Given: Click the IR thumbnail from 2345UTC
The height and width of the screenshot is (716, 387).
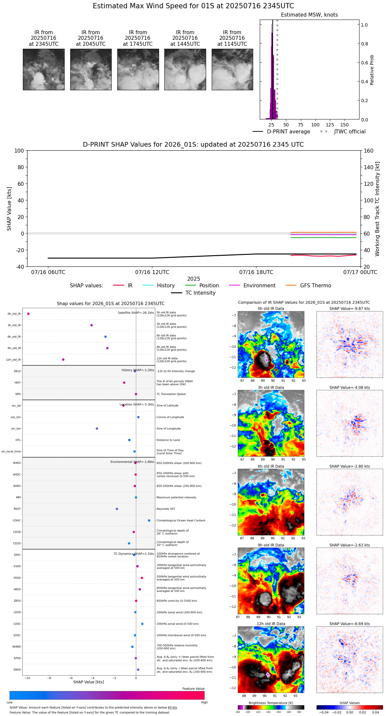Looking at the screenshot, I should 44,69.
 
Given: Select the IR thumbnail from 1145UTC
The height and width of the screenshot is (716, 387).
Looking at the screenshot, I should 232,69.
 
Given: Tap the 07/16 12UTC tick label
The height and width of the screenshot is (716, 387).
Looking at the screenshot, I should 152,272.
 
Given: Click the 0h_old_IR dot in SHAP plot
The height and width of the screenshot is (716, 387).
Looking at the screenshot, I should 28,314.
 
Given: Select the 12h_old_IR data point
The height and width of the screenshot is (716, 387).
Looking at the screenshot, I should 63,360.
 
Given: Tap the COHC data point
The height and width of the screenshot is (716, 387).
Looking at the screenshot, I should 149,521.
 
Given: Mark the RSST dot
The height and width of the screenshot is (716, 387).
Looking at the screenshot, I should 117,509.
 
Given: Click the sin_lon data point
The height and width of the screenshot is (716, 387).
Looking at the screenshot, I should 97,429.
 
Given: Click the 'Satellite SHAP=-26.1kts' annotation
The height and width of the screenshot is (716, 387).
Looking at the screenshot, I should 136,313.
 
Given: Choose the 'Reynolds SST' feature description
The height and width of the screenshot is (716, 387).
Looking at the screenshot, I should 166,509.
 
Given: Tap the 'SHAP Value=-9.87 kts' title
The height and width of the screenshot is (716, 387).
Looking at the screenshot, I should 350,309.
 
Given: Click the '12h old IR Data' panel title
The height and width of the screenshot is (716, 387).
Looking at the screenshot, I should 271,624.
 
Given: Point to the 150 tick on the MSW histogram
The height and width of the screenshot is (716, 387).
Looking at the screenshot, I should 345,125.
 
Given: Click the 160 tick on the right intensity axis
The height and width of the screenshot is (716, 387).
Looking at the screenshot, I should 369,151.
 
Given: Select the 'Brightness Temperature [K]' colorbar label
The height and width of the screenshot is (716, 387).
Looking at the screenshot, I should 271,703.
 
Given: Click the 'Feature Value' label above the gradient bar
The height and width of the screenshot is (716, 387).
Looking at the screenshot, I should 193,689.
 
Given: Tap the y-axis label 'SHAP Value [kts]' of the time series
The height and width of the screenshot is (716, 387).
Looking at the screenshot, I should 9,209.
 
